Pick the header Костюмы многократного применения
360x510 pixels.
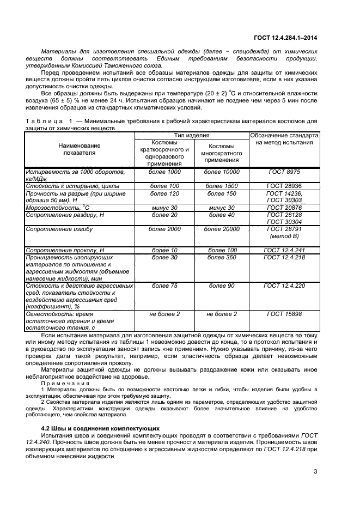[x=221, y=154]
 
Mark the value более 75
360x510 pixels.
[x=164, y=286]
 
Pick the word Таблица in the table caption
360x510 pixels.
[x=44, y=120]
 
